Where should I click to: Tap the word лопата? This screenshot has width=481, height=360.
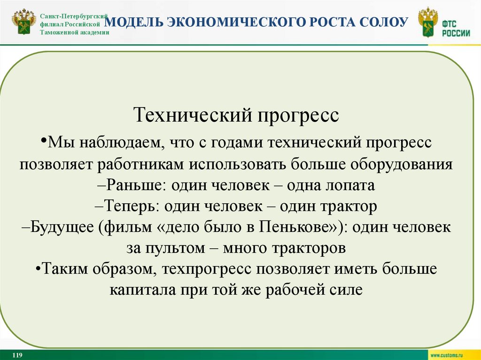click(352, 185)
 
